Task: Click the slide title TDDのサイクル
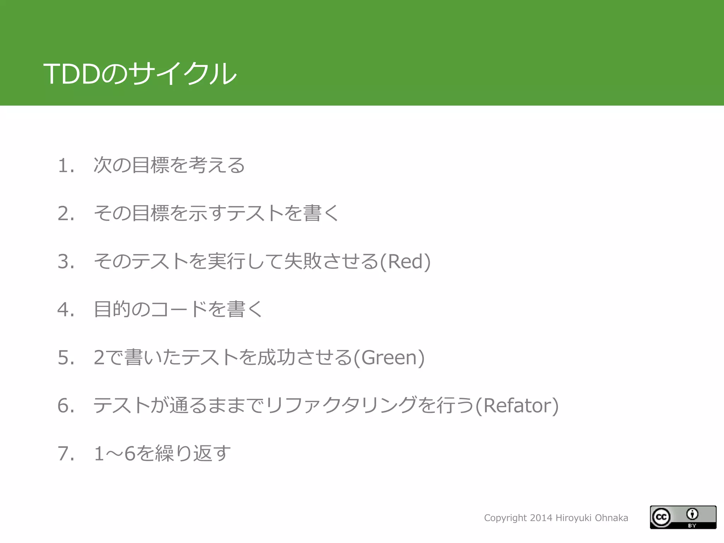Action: (140, 74)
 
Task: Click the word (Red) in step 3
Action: (405, 262)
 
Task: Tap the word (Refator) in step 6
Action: (517, 405)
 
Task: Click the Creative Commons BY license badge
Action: (683, 517)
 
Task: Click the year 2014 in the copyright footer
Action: (541, 518)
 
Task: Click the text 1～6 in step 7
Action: (115, 454)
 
